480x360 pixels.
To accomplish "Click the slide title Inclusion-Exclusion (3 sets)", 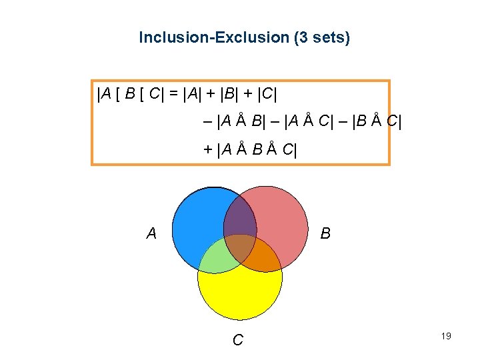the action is [x=244, y=37].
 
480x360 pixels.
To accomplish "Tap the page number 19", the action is [x=446, y=336].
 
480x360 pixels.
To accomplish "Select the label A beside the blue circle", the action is [x=152, y=233].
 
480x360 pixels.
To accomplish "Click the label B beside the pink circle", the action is [x=325, y=233].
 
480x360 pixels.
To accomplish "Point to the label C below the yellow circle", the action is [x=238, y=340].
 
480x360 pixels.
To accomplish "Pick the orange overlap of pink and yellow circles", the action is [x=267, y=257].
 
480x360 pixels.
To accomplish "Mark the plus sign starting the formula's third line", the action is [x=208, y=150].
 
